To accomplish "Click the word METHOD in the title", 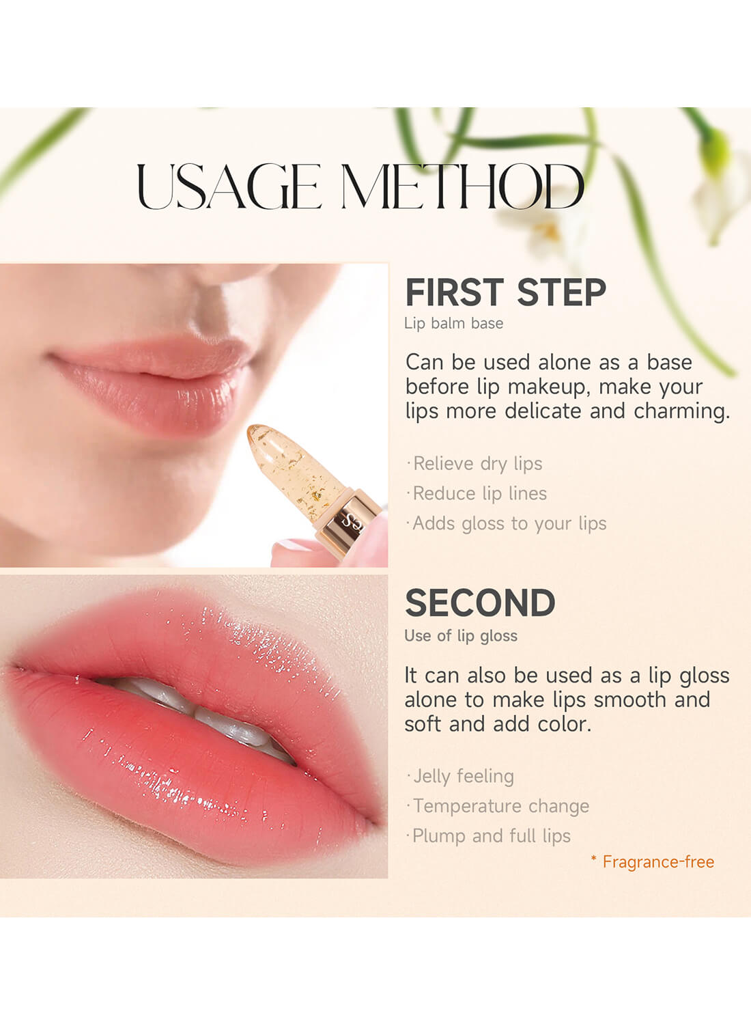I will pyautogui.click(x=462, y=186).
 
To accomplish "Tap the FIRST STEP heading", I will pyautogui.click(x=505, y=293).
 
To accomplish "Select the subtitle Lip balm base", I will pyautogui.click(x=453, y=324).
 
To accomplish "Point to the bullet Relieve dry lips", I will pyautogui.click(x=477, y=464).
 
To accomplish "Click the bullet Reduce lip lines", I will pyautogui.click(x=479, y=493).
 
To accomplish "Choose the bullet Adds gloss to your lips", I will pyautogui.click(x=509, y=523).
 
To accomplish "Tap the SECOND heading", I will pyautogui.click(x=480, y=603).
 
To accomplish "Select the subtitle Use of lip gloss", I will pyautogui.click(x=461, y=636).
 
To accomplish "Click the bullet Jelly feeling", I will pyautogui.click(x=462, y=776).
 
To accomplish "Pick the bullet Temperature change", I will pyautogui.click(x=500, y=806).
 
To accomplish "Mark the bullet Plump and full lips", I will pyautogui.click(x=490, y=836).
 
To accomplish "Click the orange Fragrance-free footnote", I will pyautogui.click(x=657, y=862).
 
